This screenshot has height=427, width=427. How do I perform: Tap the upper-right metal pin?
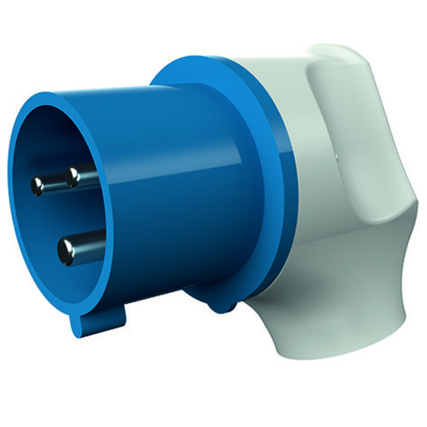(x=73, y=178)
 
